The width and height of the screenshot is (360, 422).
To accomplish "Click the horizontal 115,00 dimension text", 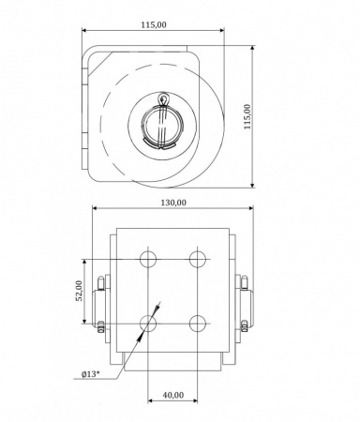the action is [x=154, y=24].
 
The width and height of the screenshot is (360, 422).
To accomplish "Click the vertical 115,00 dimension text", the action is [x=247, y=116].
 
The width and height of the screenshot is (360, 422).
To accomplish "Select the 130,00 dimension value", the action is [x=173, y=203].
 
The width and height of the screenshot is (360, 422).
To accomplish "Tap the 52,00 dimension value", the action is [x=80, y=291].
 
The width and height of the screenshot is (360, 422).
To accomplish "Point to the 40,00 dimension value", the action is [x=173, y=395].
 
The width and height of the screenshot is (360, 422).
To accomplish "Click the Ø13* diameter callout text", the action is [x=90, y=374].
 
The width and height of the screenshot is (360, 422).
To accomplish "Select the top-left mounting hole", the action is [x=148, y=259].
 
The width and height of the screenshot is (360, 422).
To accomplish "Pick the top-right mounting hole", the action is [x=198, y=259].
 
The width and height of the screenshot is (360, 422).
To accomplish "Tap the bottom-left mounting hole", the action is [x=148, y=324].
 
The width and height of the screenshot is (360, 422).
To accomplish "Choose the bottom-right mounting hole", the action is [x=198, y=324].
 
